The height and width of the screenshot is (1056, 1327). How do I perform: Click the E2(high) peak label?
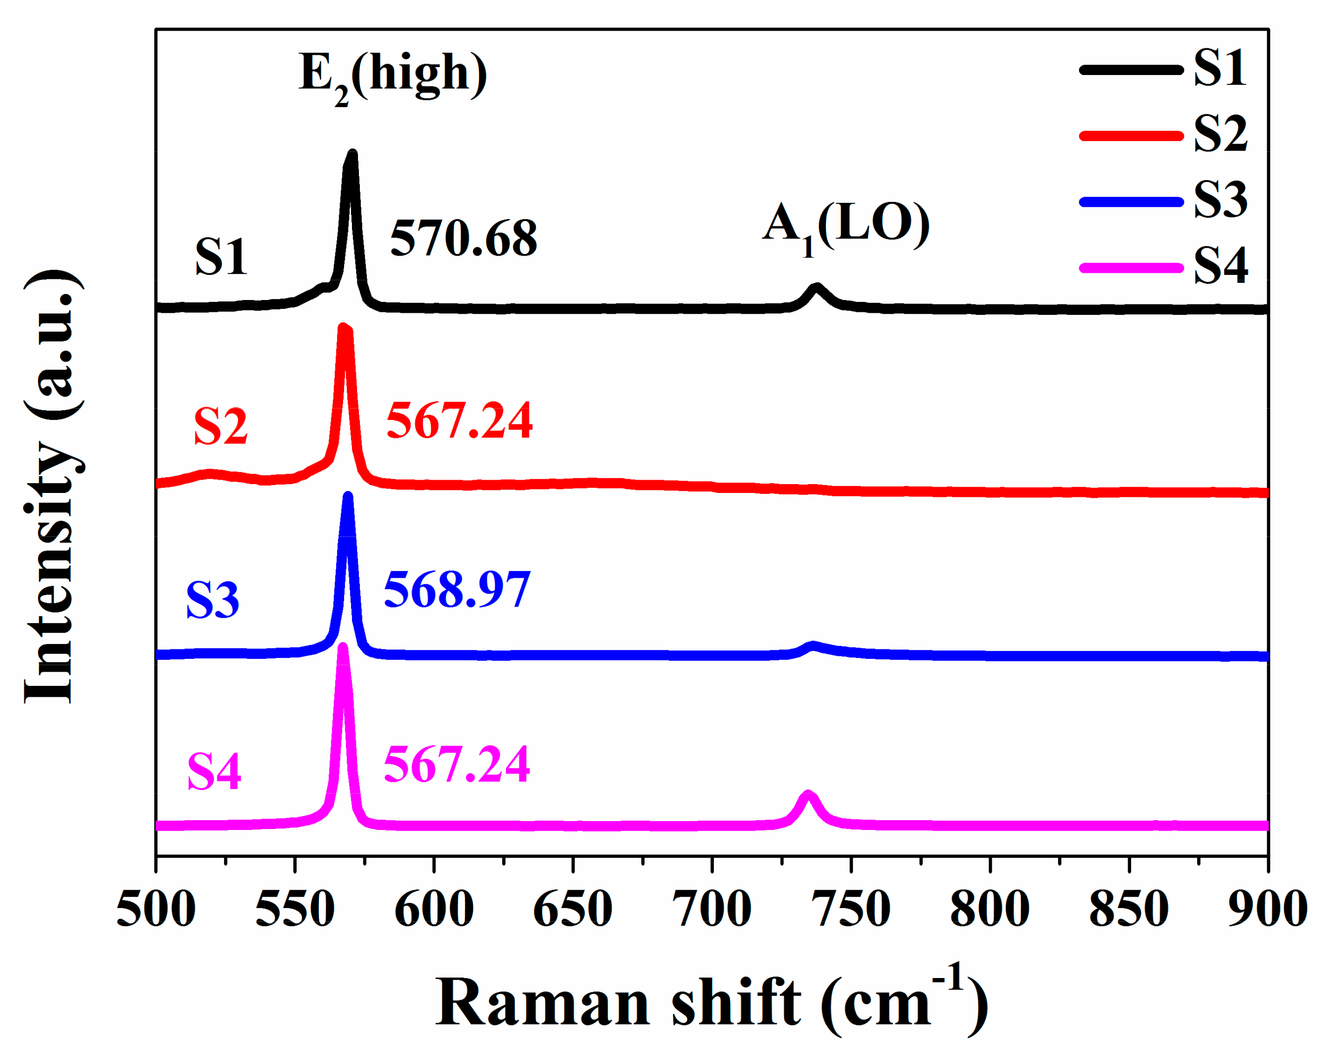[392, 76]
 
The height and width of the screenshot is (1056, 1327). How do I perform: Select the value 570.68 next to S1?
[463, 239]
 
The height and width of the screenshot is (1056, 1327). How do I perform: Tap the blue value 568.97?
[457, 590]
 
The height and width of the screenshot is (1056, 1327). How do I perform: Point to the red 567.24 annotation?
[459, 421]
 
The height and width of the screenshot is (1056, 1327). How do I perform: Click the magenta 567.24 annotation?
[456, 765]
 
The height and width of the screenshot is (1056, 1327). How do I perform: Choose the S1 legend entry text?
[1220, 69]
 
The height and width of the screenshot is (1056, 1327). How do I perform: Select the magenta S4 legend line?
[1132, 267]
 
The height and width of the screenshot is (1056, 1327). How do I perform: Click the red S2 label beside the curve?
[220, 426]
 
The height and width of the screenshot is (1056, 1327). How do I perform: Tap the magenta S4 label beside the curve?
[214, 772]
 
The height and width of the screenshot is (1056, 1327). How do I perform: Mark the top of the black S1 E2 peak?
[352, 154]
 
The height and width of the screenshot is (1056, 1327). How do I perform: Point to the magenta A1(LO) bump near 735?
[808, 794]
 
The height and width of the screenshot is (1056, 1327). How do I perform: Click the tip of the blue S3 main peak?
[348, 496]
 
